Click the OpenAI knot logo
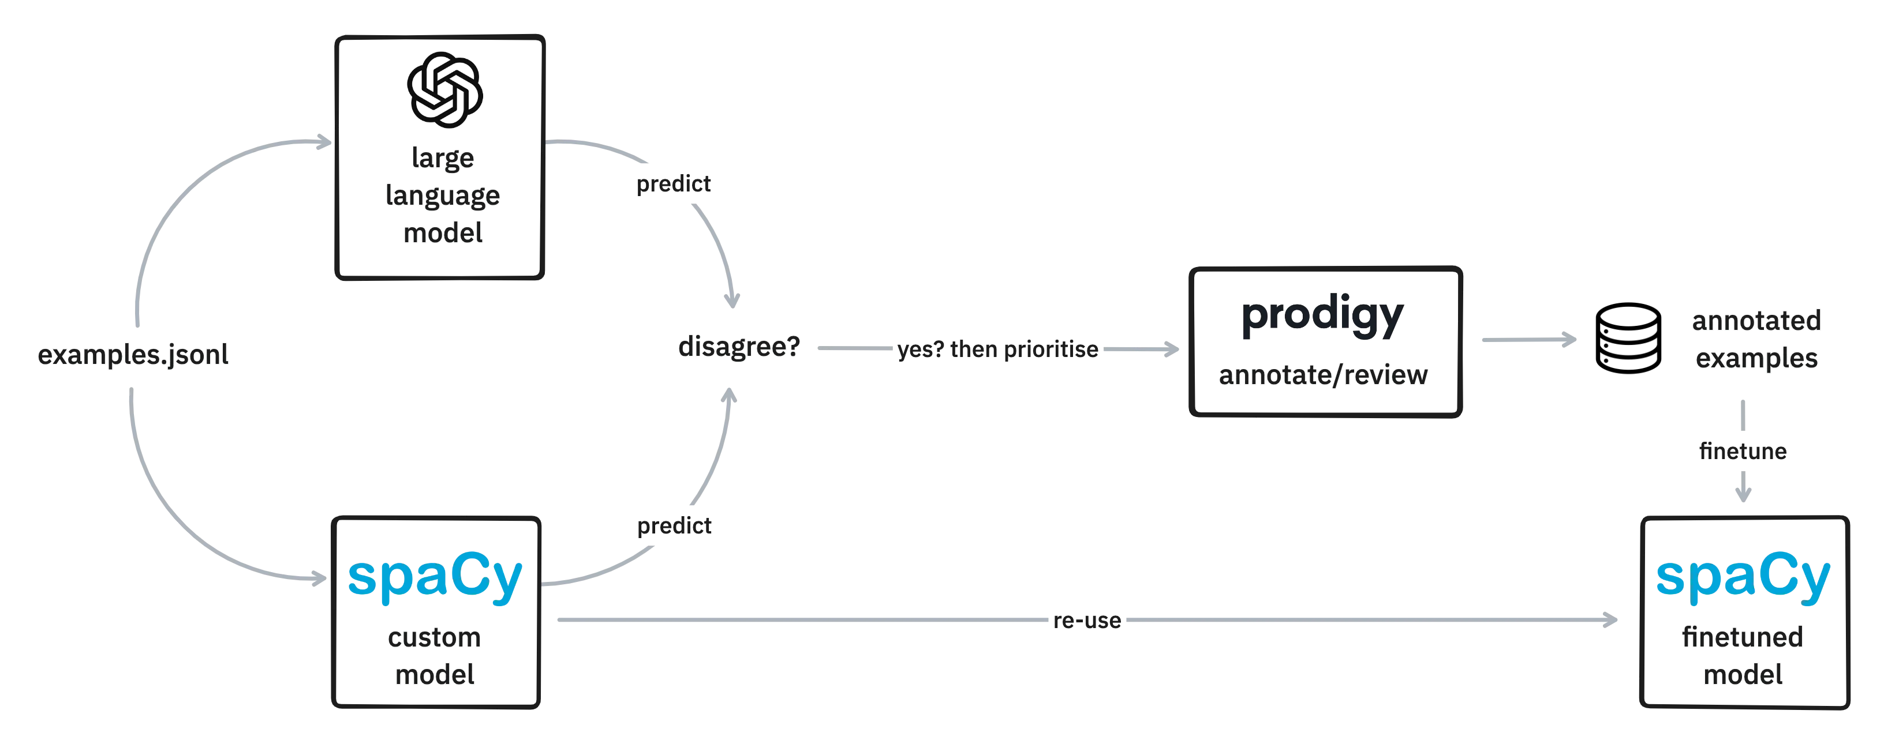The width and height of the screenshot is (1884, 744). (x=444, y=90)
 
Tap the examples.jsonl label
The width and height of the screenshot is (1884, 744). (x=133, y=355)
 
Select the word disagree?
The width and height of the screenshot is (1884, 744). (x=739, y=347)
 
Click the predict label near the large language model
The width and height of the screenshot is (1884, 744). (x=674, y=183)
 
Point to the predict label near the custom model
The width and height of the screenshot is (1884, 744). (x=674, y=525)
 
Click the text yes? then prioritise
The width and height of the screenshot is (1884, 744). (x=997, y=350)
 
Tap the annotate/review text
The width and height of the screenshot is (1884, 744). (x=1323, y=375)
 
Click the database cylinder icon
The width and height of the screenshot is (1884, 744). (x=1628, y=339)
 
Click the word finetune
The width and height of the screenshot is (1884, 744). (x=1743, y=451)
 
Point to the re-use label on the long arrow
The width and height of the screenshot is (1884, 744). (x=1087, y=621)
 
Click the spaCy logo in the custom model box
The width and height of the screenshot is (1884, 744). (x=435, y=577)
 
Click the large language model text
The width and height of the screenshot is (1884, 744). (x=443, y=195)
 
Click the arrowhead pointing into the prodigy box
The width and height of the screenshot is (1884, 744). (x=1172, y=350)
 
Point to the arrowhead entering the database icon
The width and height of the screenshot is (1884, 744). (x=1569, y=339)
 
